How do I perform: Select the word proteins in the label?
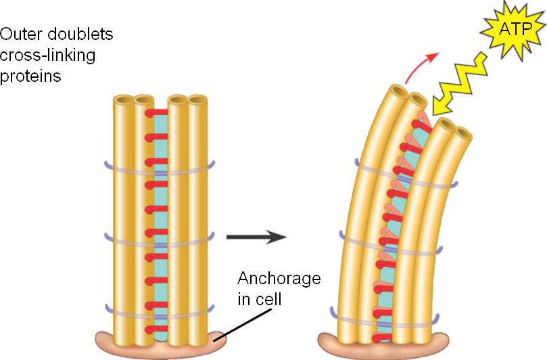click(31, 76)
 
